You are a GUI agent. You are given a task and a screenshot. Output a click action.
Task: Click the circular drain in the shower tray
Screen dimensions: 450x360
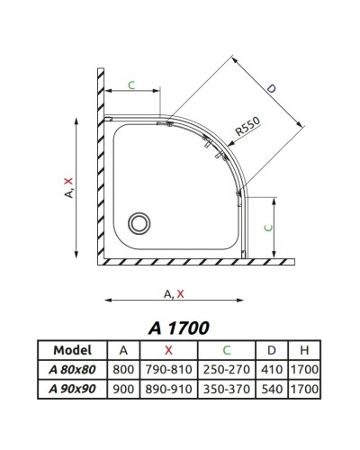point(139,220)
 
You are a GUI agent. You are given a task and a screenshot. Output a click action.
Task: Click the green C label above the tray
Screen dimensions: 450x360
point(130,85)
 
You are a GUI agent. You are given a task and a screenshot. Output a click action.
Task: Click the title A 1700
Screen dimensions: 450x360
point(179,328)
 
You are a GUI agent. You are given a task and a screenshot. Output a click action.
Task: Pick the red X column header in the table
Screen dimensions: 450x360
point(168,350)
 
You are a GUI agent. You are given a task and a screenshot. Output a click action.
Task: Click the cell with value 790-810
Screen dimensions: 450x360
point(168,368)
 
